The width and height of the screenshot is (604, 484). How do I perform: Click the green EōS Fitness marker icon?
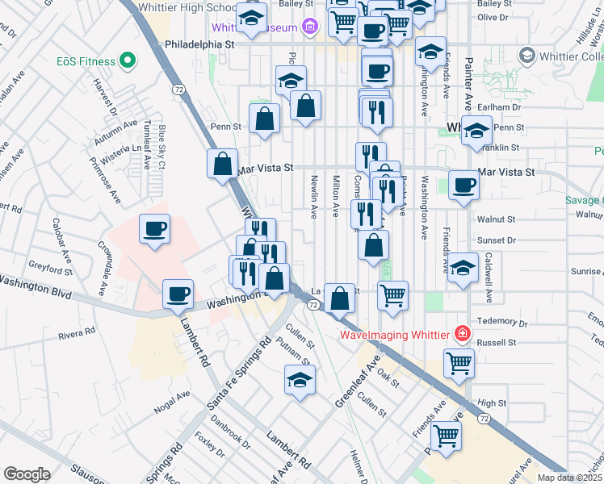(126, 60)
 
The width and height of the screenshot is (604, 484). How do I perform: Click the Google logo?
(27, 474)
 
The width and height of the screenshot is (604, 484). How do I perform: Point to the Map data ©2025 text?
(570, 478)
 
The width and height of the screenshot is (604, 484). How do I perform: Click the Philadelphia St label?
(199, 45)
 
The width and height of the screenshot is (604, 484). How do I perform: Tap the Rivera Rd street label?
(78, 332)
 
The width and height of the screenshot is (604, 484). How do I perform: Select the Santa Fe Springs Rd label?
(240, 373)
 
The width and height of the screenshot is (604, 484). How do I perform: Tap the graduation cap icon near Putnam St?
(300, 380)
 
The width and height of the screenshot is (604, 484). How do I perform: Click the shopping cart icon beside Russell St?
(459, 362)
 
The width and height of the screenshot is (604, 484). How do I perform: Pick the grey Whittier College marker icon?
(527, 55)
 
